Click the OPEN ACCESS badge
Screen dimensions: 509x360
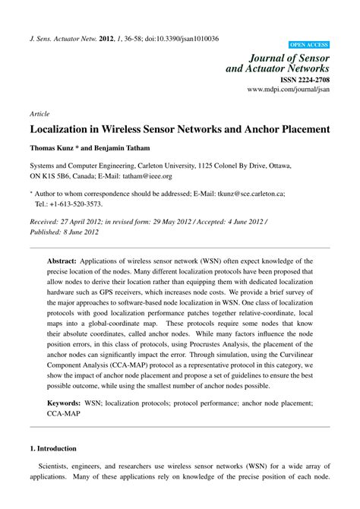coord(309,45)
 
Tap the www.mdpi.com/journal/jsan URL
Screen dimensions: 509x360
coord(289,89)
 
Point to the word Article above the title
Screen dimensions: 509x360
coord(39,113)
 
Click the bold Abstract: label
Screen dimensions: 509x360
coord(67,261)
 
